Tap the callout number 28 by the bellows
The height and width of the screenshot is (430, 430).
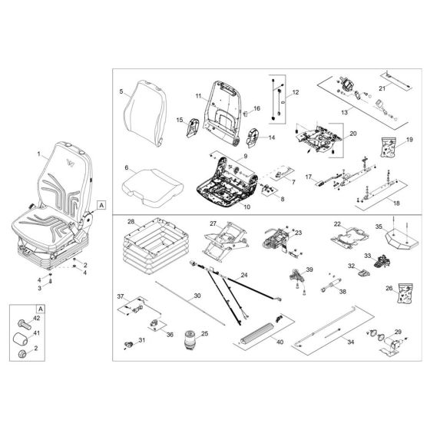131,223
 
